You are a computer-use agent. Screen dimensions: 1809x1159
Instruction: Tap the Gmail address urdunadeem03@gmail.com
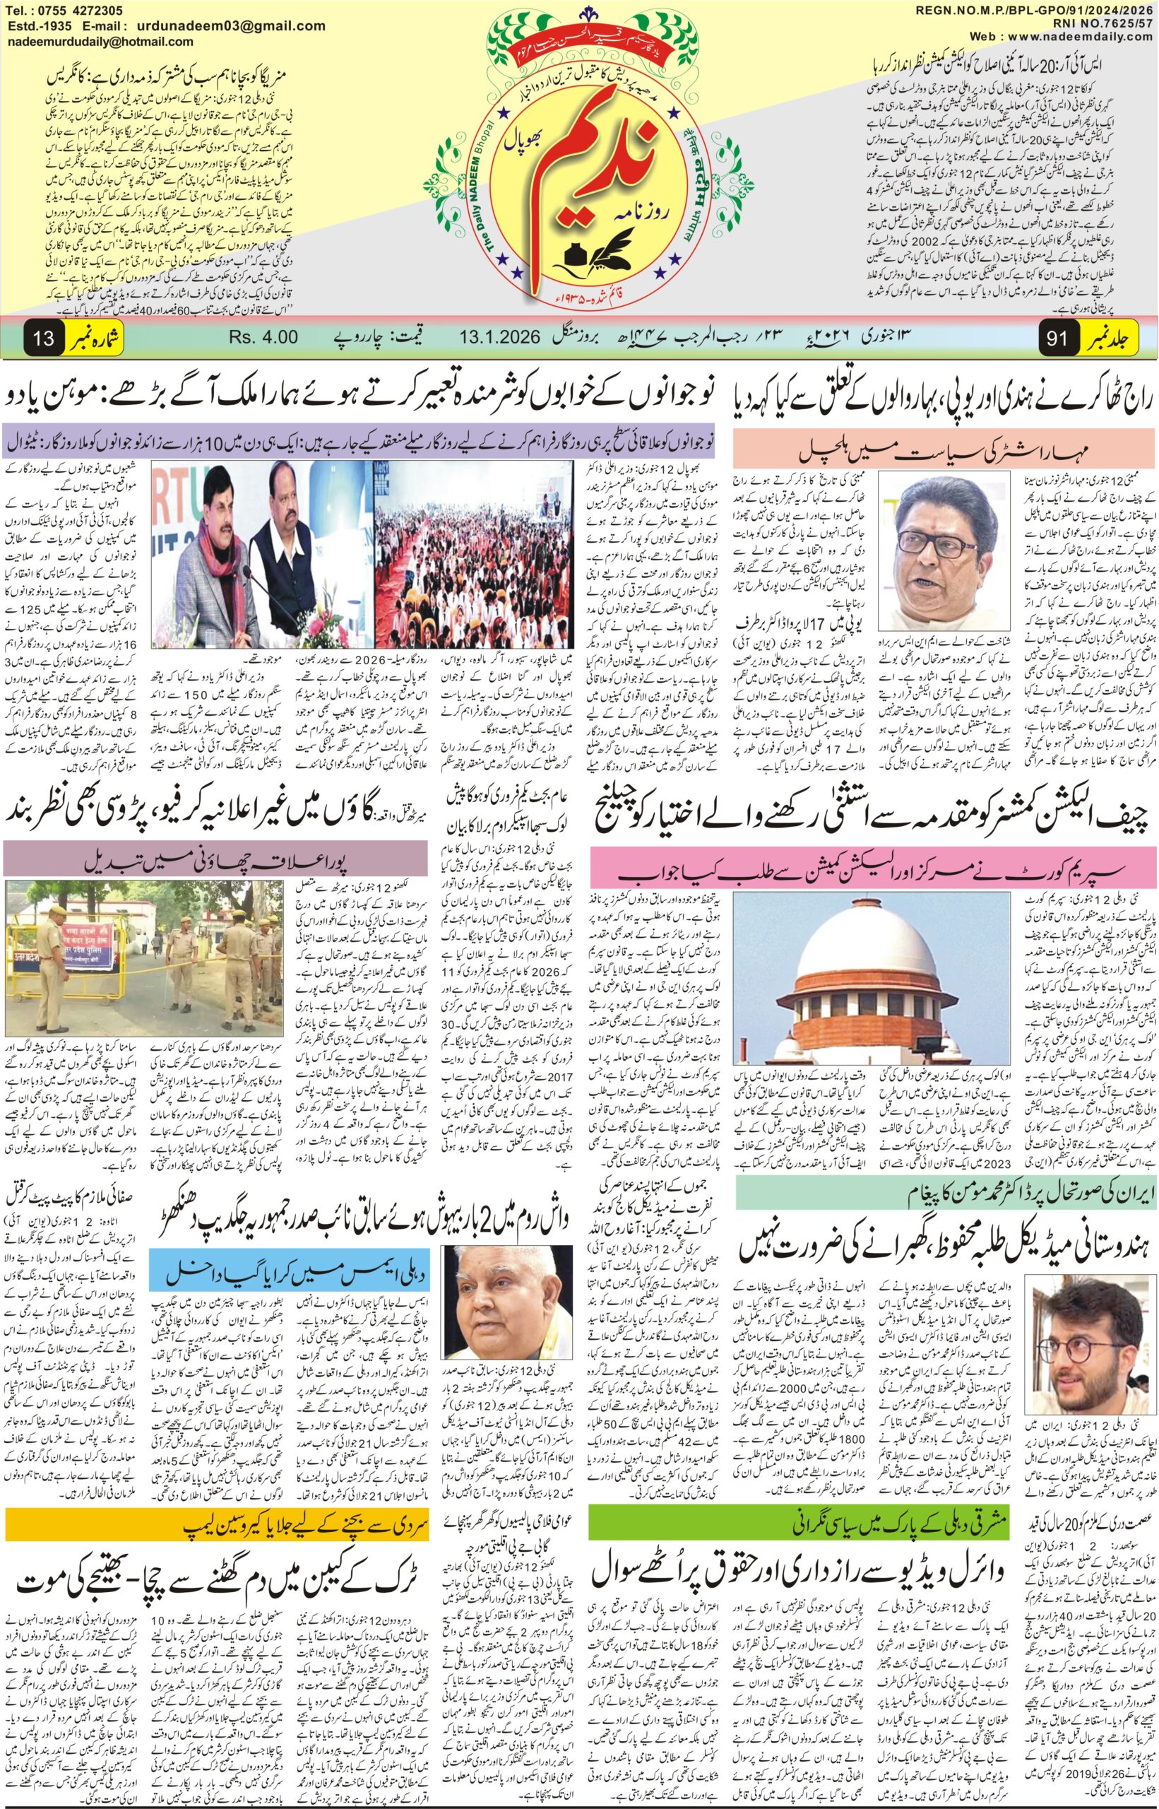coord(239,25)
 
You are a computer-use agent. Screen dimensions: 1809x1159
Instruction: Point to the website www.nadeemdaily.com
coord(1088,37)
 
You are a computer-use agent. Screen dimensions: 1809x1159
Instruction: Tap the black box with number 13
coord(44,338)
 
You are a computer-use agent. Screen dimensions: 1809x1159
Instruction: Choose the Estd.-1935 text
coord(35,25)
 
